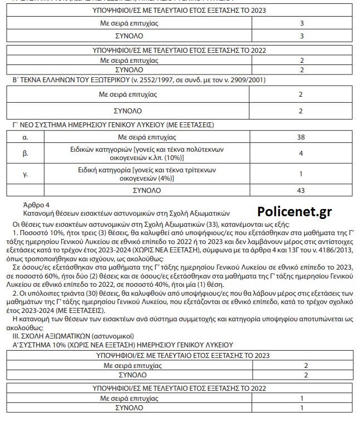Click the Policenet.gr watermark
(x=294, y=211)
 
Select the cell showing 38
(x=301, y=137)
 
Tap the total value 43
(x=301, y=190)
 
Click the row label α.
(x=25, y=137)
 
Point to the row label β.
(x=25, y=153)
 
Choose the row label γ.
(x=25, y=174)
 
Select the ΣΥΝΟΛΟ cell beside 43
(x=147, y=190)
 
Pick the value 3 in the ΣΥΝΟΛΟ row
(x=301, y=36)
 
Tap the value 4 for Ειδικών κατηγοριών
(x=301, y=153)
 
